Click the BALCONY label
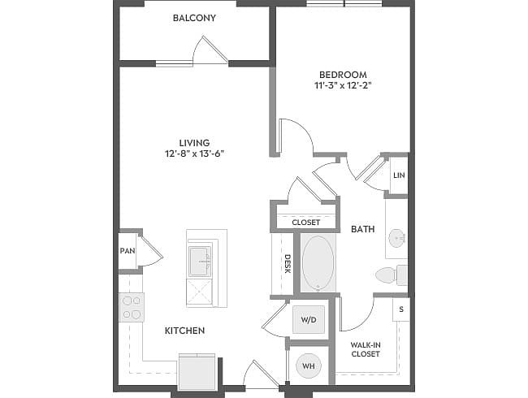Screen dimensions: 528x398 pos(194,18)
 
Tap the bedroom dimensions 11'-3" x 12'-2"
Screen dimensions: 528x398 pos(343,85)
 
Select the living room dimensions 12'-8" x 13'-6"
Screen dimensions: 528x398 pos(194,154)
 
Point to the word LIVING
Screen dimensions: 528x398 pos(194,143)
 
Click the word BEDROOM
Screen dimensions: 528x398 pos(343,75)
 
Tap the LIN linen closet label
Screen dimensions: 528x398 pos(399,175)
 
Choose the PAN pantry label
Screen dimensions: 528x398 pos(128,251)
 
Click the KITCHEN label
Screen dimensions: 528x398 pos(185,331)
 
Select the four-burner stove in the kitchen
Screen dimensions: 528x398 pos(132,307)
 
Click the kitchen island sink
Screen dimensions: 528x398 pos(200,261)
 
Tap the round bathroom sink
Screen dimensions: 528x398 pos(397,239)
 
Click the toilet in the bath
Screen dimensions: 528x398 pos(392,275)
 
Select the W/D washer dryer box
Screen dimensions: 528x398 pos(309,319)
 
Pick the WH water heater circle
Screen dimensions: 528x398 pos(309,366)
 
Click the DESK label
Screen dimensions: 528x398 pos(288,264)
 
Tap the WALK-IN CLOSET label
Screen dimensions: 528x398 pos(366,349)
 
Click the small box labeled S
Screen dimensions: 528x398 pos(401,309)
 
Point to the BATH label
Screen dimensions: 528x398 pos(363,229)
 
